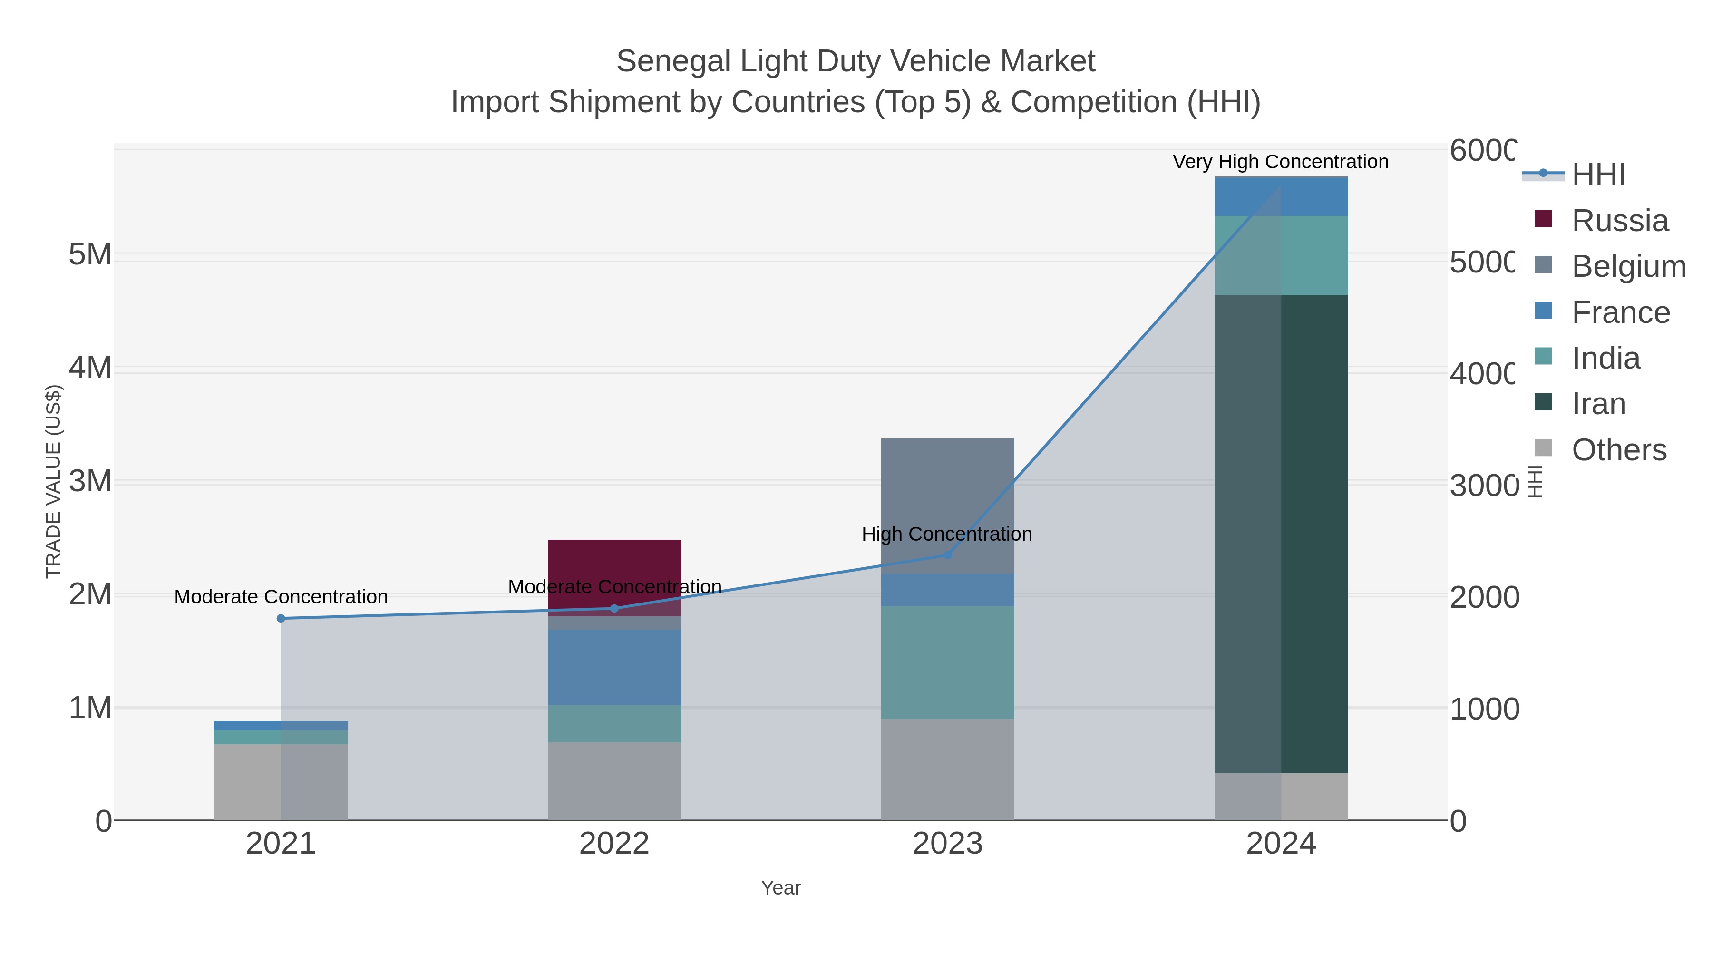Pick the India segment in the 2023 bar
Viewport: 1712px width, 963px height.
(947, 661)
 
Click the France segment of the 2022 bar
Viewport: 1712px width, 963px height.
(614, 667)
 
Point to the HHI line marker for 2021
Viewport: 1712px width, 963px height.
(281, 618)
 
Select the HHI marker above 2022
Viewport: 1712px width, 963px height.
(614, 608)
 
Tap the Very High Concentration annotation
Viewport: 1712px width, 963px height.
(1280, 162)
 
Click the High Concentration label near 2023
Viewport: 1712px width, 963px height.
(946, 534)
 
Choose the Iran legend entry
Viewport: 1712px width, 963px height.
(1598, 404)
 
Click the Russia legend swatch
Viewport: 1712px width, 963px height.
(1543, 219)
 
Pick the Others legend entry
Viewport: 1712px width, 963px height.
(1618, 450)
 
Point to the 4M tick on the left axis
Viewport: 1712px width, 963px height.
(90, 368)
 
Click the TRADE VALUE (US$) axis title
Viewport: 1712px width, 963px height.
(53, 481)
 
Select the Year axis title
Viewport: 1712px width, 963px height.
(780, 888)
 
